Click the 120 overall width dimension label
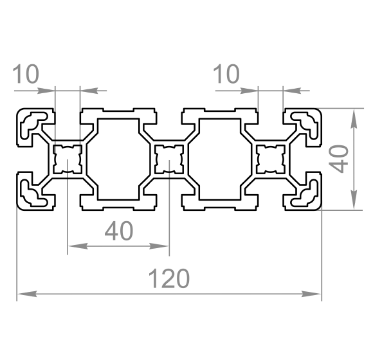point(169,278)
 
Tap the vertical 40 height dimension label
point(339,159)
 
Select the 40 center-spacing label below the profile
point(119,230)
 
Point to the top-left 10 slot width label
point(26,73)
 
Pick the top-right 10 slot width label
point(226,74)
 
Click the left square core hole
point(68,159)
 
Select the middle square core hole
point(169,159)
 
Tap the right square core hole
point(271,159)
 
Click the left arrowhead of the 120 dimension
point(28,294)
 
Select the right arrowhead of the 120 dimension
point(311,294)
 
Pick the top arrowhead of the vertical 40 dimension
point(354,119)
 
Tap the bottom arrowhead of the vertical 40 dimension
point(354,199)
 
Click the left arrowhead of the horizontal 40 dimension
point(78,246)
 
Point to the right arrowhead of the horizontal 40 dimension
point(159,246)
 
